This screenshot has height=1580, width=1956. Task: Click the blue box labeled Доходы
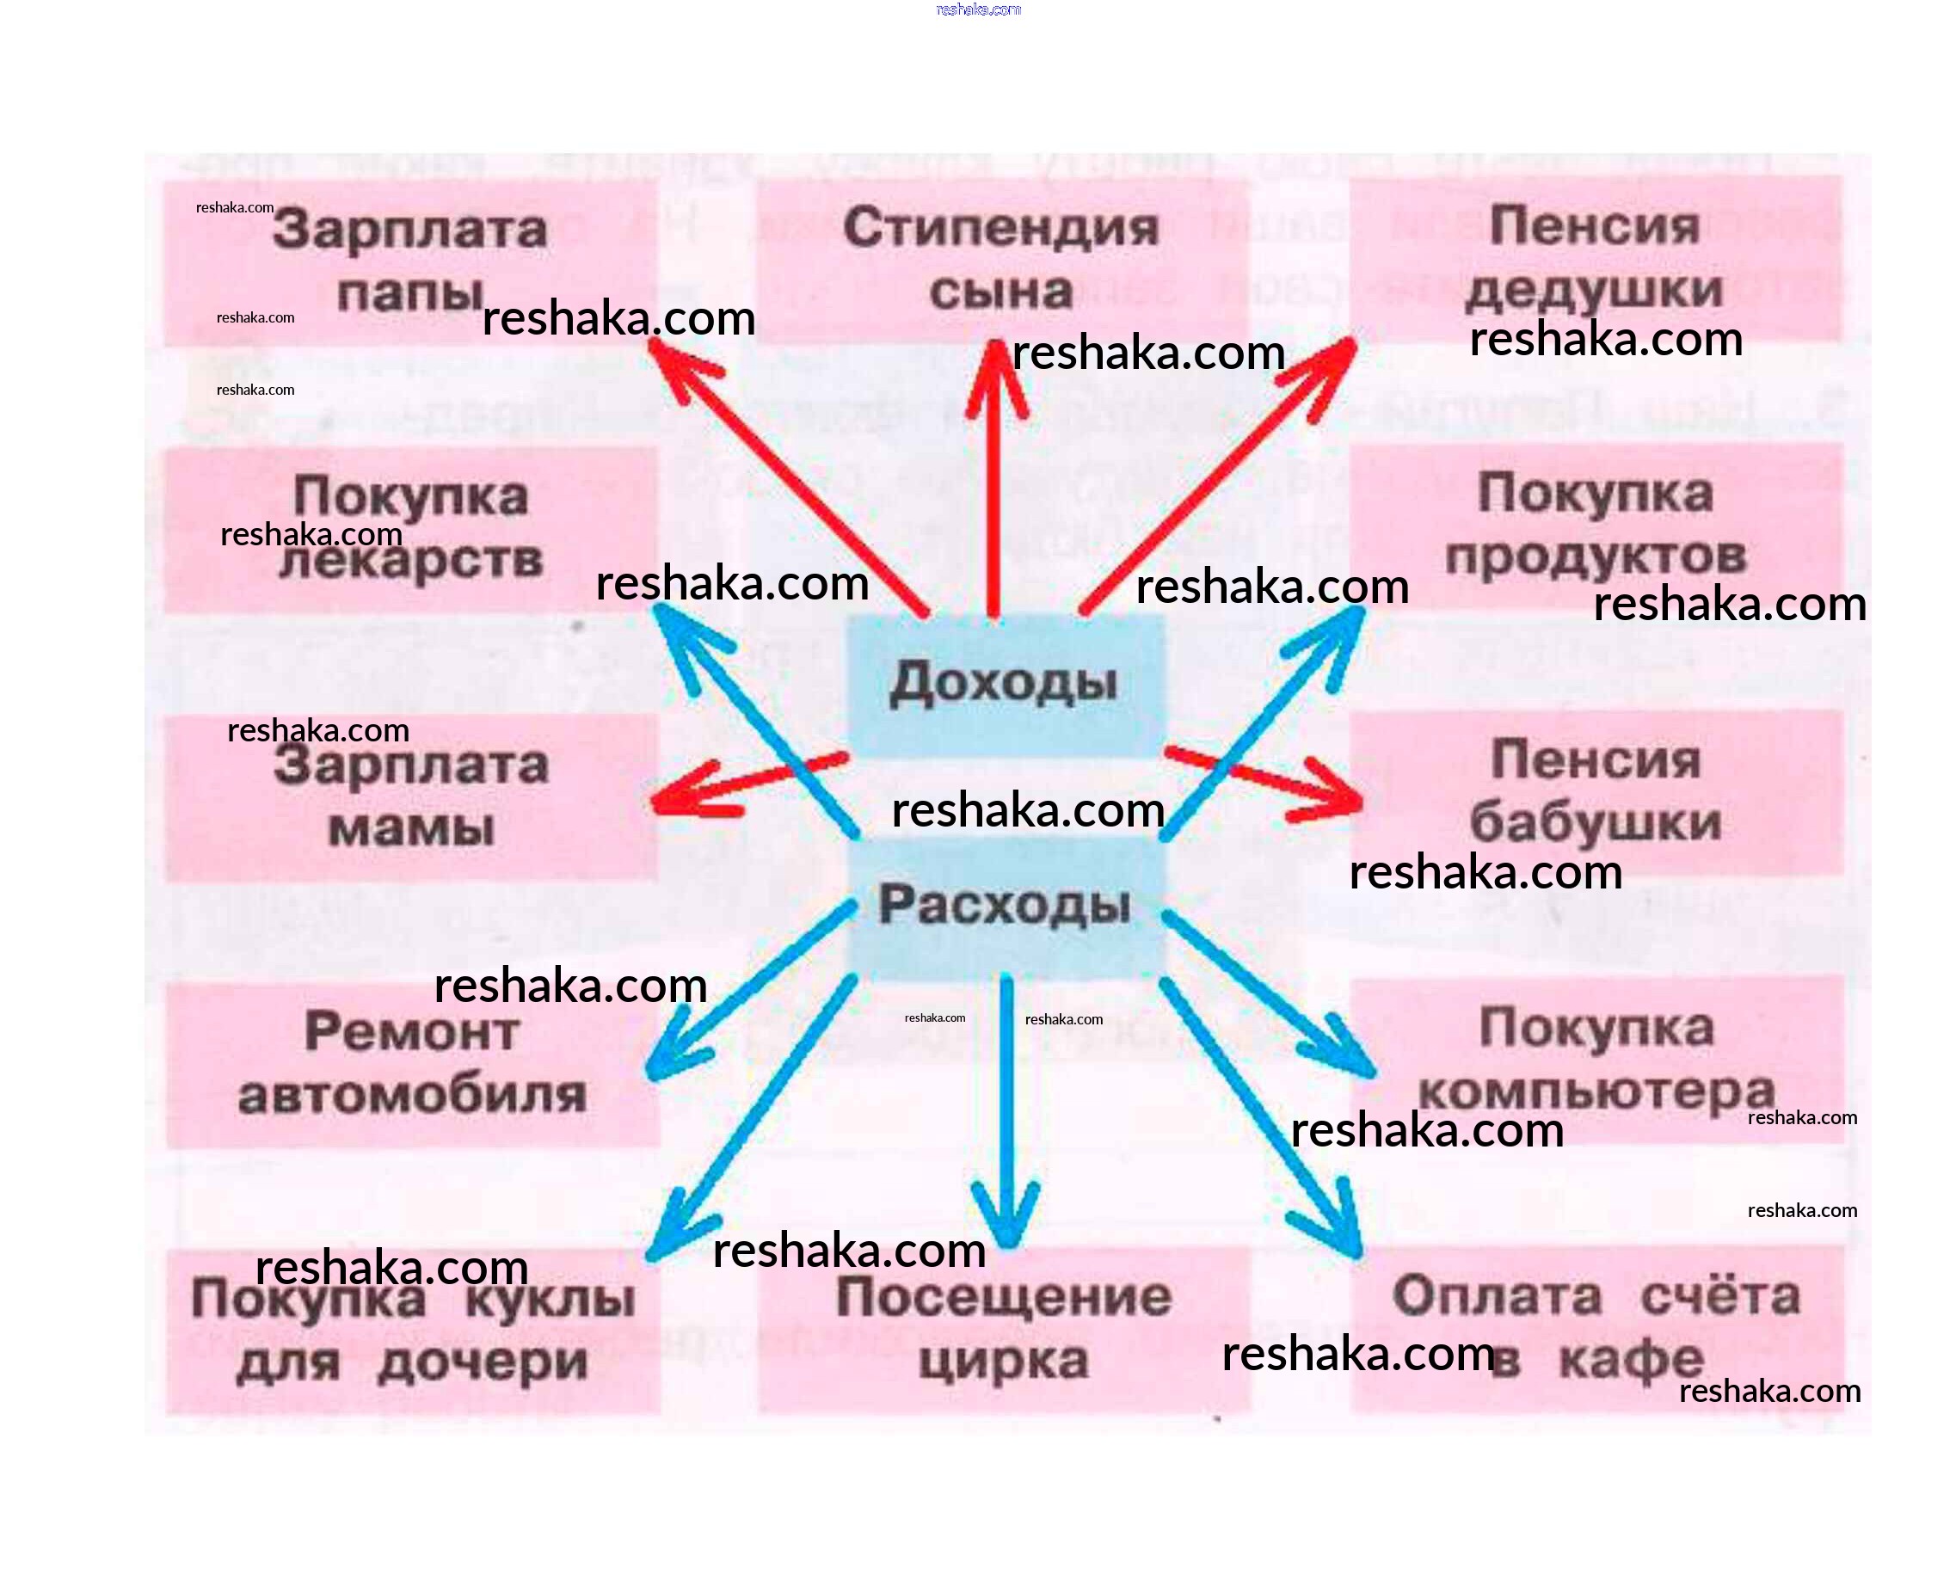(1005, 685)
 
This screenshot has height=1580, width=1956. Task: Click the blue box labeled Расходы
(1005, 907)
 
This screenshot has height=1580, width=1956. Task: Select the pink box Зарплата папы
(409, 262)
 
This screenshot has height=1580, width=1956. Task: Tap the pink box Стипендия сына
(1001, 261)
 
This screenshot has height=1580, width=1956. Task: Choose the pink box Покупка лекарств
(409, 529)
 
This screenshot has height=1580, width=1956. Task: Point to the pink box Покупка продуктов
(1595, 526)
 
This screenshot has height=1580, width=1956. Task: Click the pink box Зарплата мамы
(409, 796)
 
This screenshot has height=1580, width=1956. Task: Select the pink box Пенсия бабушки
(1595, 793)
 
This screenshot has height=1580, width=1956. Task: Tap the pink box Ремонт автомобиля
(411, 1063)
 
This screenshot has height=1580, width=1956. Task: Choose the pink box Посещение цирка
(1003, 1329)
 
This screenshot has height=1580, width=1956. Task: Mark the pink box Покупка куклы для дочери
(411, 1330)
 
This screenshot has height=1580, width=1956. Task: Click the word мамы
(411, 829)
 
